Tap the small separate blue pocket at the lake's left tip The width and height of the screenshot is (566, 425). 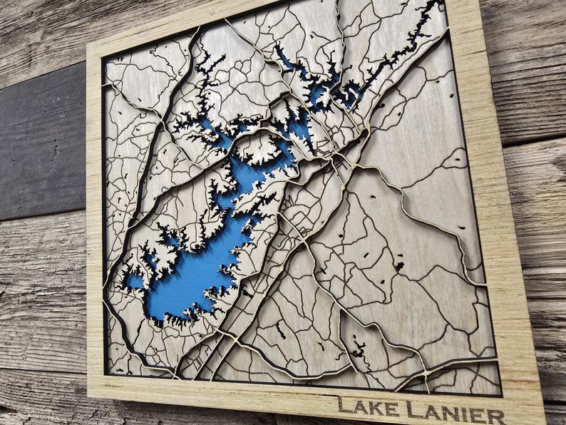[x=135, y=281]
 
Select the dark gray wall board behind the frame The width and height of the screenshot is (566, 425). [x=39, y=143]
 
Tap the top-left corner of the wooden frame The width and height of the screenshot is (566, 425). [x=88, y=46]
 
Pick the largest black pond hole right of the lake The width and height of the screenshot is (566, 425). [x=398, y=266]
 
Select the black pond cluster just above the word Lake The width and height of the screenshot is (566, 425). [x=357, y=349]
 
